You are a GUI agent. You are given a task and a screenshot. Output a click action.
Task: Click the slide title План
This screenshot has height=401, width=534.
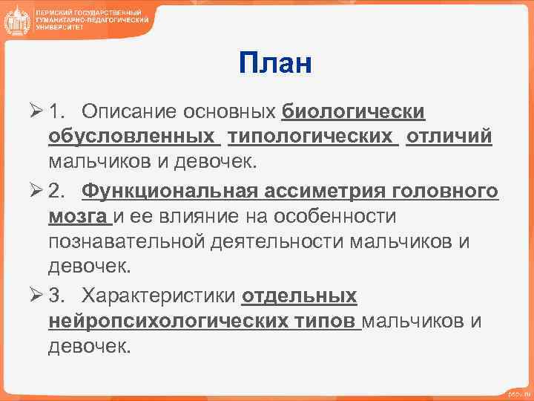275,65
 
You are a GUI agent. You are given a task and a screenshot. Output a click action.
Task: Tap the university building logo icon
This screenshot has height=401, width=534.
16,22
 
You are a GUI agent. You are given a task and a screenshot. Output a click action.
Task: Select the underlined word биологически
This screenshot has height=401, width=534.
353,111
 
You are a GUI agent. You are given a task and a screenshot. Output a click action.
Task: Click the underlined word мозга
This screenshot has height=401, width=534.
79,216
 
